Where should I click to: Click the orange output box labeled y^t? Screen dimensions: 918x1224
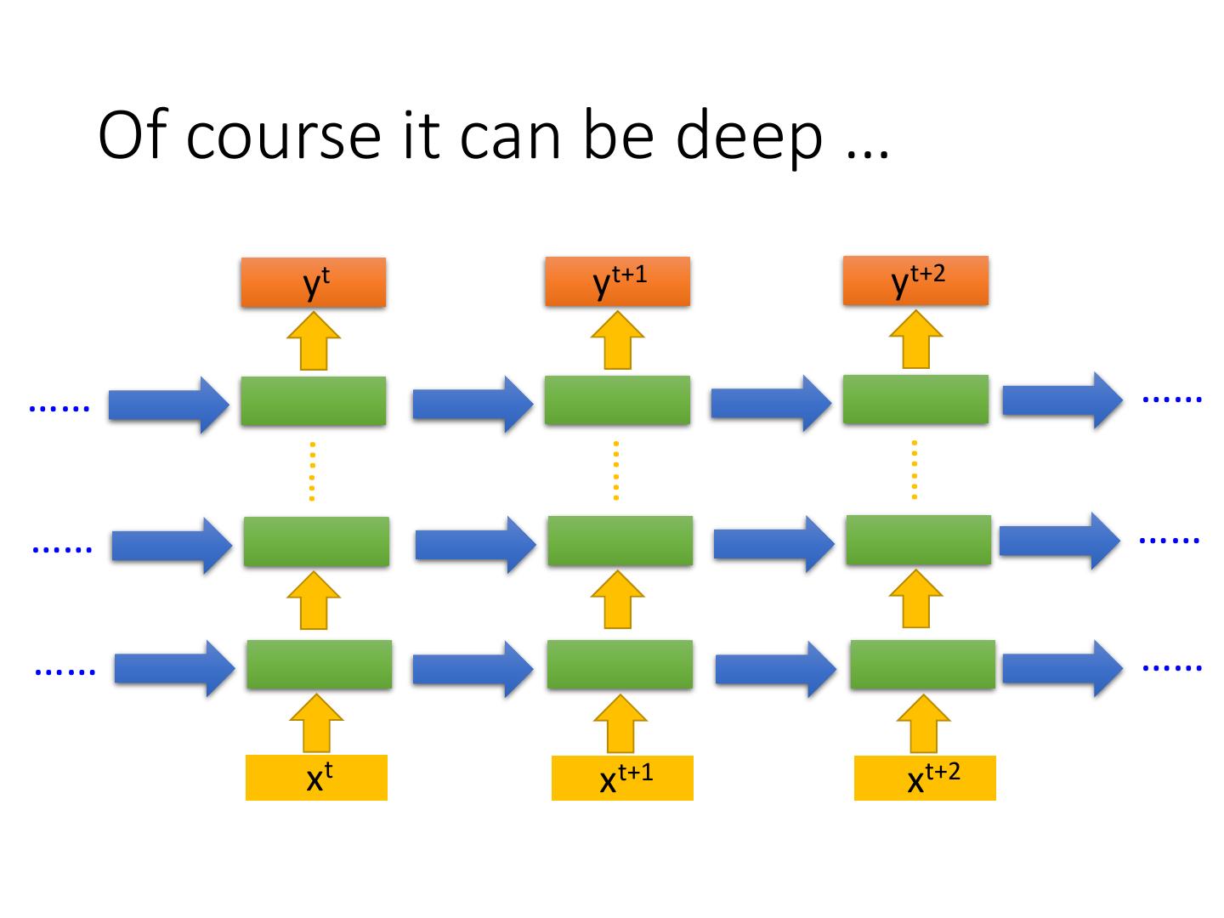(x=313, y=282)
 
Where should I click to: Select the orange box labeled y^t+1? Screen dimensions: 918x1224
(x=617, y=281)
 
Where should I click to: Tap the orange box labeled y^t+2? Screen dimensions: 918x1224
(x=915, y=280)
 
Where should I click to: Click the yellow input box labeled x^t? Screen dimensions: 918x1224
(x=316, y=778)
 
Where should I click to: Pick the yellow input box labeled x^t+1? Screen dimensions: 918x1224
(x=622, y=778)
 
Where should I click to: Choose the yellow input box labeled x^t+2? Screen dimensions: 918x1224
(x=925, y=778)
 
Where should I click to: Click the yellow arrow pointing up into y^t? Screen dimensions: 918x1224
(x=314, y=341)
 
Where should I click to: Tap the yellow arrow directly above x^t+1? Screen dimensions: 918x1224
(x=620, y=723)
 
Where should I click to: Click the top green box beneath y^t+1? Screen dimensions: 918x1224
(x=617, y=400)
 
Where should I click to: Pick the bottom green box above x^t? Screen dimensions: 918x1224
(x=319, y=665)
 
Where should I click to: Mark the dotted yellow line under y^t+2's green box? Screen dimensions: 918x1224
(x=915, y=469)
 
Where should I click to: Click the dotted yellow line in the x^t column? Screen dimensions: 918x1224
(x=312, y=471)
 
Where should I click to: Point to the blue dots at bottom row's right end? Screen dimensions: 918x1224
(x=1172, y=667)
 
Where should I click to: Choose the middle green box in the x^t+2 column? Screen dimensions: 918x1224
(x=918, y=540)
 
